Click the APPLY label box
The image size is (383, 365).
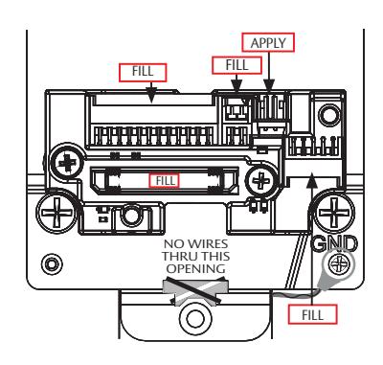(268, 42)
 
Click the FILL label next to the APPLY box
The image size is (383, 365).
(237, 65)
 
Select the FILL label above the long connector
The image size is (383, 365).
(143, 73)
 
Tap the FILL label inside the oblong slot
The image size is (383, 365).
(165, 181)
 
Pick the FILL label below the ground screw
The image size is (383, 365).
(312, 314)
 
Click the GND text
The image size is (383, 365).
(334, 244)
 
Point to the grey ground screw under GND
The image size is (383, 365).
(339, 264)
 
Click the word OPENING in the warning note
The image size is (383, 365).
(196, 268)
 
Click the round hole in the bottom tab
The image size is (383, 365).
(195, 318)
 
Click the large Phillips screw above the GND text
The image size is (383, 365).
(334, 212)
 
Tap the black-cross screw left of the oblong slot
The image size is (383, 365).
(67, 163)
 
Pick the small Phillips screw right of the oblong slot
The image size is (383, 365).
(261, 181)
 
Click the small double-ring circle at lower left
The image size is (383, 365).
(52, 263)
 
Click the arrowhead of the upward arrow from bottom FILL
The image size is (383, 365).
(311, 180)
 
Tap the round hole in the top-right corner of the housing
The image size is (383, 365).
(330, 115)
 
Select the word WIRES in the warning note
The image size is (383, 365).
(208, 244)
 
